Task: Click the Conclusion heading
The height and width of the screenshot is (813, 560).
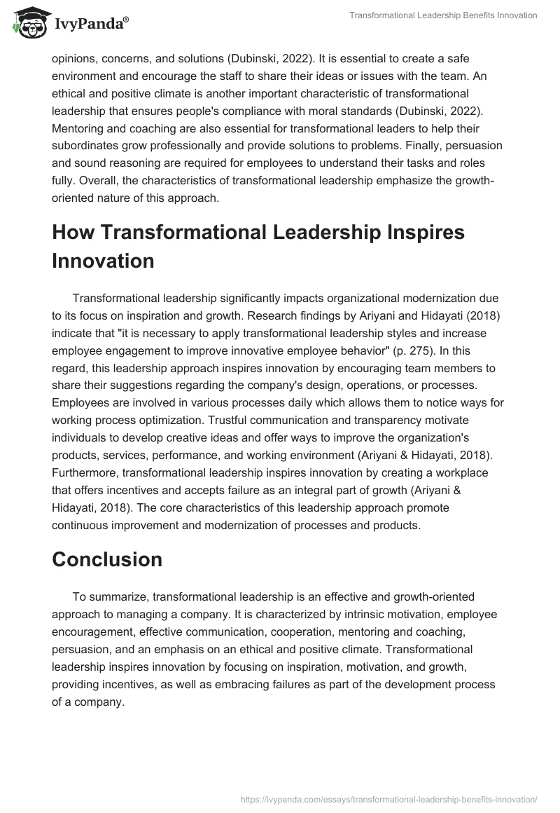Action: [107, 559]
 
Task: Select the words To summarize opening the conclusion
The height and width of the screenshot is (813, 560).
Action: [109, 596]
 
